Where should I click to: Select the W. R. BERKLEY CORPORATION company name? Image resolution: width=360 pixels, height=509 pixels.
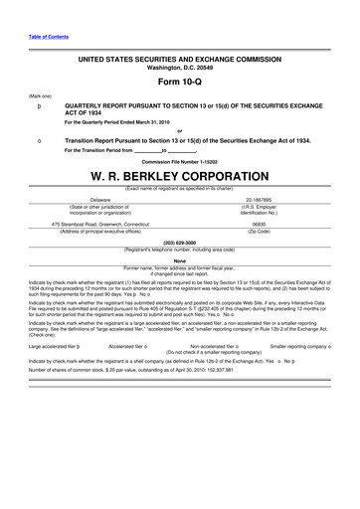click(x=180, y=177)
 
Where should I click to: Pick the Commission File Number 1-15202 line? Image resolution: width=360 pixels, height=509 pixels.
click(x=180, y=160)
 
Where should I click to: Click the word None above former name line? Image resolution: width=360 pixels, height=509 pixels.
click(x=180, y=260)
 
